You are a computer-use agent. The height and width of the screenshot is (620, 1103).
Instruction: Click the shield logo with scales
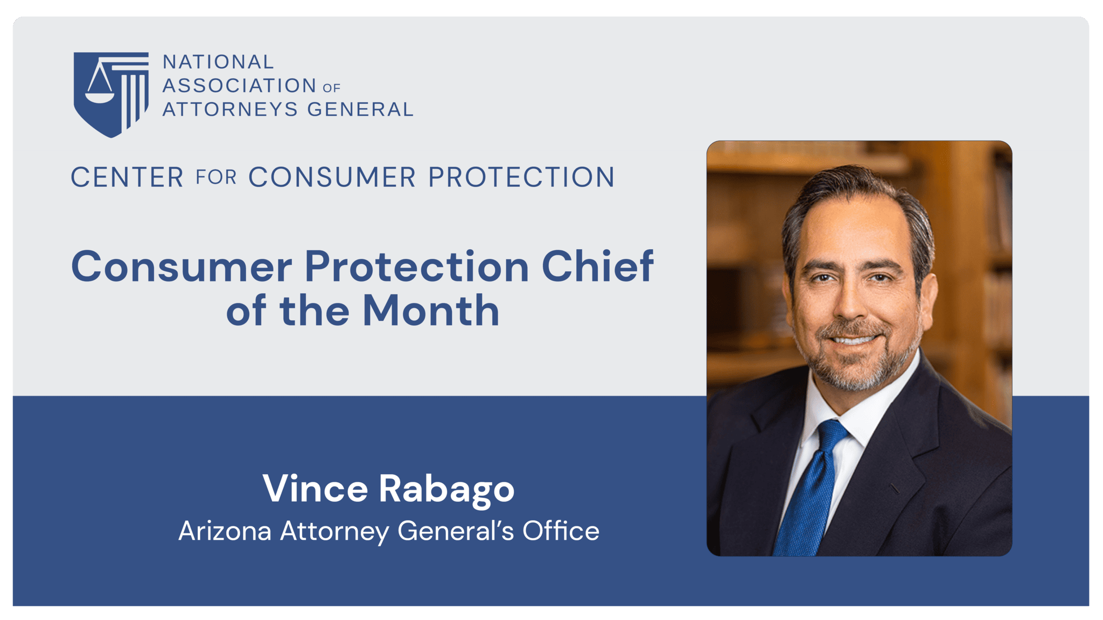[x=111, y=94]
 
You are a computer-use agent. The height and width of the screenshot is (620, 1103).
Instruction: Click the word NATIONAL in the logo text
[x=218, y=62]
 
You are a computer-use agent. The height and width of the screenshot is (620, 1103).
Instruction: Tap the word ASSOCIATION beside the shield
[x=239, y=86]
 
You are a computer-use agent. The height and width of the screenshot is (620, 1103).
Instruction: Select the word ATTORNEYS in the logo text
[x=230, y=109]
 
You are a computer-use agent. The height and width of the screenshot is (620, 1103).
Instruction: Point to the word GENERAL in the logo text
[x=360, y=109]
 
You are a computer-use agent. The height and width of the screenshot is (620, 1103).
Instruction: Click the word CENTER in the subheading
[x=127, y=178]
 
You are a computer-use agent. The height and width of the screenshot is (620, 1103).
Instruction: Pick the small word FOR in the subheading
[x=216, y=178]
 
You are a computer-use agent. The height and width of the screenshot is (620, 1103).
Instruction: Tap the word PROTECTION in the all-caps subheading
[x=521, y=178]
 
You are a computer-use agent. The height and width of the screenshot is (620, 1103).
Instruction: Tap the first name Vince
[x=315, y=489]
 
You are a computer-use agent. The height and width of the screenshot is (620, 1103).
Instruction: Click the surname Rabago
[x=446, y=490]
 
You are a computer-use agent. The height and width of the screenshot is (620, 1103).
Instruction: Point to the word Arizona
[x=225, y=531]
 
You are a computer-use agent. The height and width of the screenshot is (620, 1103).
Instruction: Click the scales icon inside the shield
[x=100, y=83]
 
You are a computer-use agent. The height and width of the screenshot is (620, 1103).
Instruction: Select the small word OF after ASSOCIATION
[x=332, y=88]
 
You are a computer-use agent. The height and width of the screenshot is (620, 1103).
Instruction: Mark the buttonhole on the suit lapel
[x=894, y=489]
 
